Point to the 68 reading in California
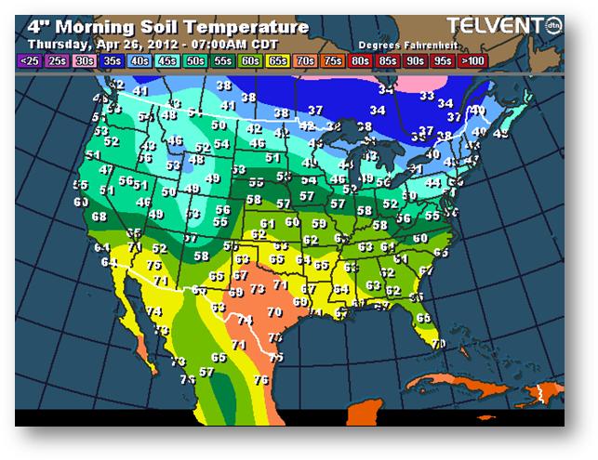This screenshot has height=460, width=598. (100, 217)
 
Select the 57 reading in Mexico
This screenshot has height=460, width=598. (206, 372)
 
